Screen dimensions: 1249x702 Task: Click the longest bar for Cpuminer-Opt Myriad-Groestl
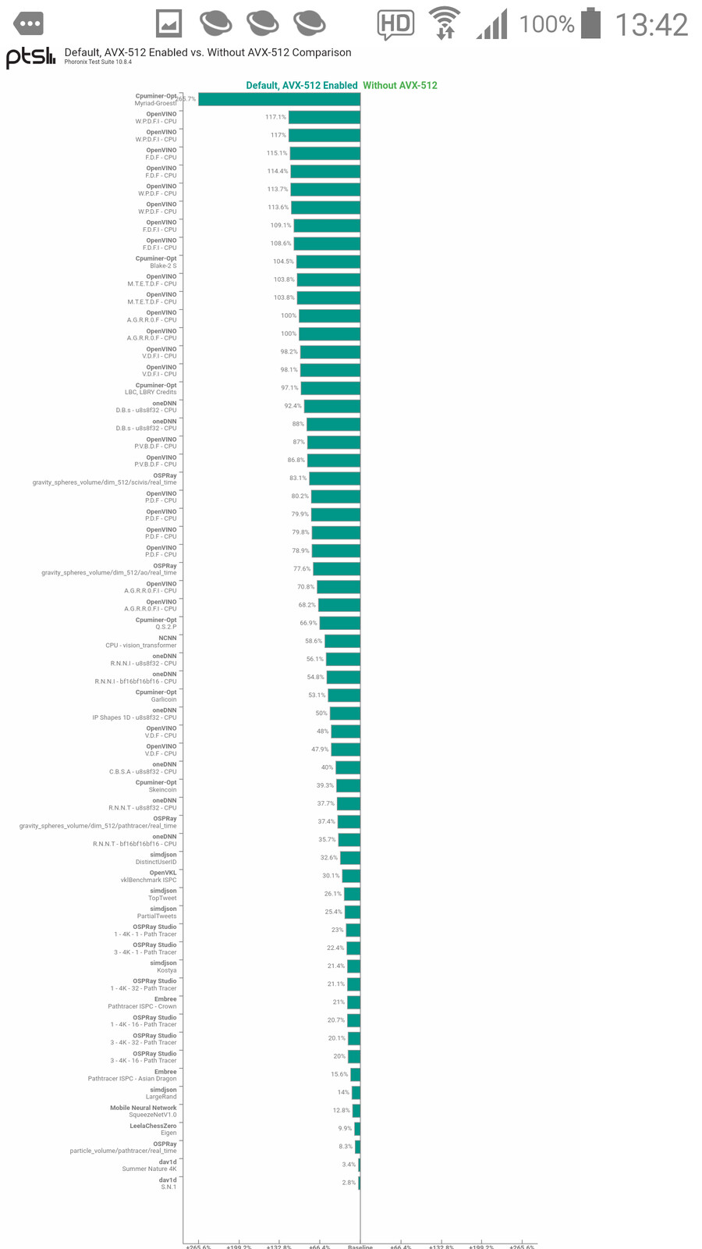point(279,99)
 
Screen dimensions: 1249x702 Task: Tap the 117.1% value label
point(275,117)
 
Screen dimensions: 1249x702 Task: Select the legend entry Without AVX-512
point(400,86)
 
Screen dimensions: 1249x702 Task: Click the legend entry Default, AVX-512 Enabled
point(301,86)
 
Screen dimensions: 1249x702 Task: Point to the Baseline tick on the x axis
point(360,1246)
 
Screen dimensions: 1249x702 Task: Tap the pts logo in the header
point(30,57)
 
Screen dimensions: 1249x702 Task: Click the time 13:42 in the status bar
point(651,25)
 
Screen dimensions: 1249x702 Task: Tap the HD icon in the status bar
point(395,24)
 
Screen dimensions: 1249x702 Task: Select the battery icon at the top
point(591,23)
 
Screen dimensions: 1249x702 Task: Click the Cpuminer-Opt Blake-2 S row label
point(156,262)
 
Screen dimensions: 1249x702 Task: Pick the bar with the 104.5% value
point(328,262)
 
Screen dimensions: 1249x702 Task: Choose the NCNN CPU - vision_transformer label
point(141,642)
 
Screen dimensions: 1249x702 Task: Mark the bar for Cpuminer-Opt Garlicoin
point(344,696)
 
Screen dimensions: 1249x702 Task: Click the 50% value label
point(321,713)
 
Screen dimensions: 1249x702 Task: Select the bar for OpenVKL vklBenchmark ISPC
point(351,876)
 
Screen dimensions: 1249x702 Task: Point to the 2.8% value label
point(349,1183)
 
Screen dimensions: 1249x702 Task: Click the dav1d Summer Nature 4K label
point(149,1165)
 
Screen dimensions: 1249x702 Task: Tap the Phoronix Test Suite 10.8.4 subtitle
point(97,62)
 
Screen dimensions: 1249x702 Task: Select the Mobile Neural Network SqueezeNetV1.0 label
point(144,1112)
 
